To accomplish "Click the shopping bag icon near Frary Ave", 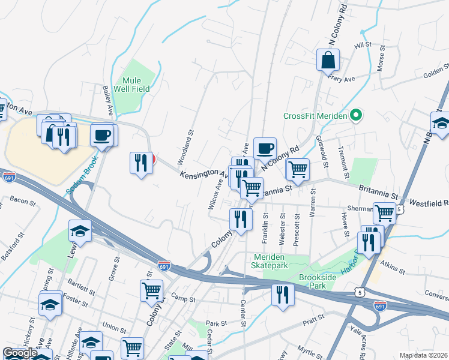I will (328, 60).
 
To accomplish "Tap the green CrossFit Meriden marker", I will (355, 115).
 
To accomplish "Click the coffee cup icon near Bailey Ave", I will (103, 134).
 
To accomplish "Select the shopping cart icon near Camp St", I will (151, 290).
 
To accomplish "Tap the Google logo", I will (19, 353).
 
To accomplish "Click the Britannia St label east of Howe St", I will (378, 196).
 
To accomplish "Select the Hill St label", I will (363, 45).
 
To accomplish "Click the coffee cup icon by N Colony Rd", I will (265, 148).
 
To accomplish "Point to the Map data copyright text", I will (423, 355).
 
